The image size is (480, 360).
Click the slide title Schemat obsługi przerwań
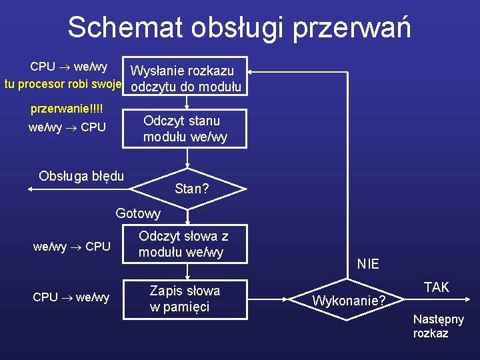click(239, 27)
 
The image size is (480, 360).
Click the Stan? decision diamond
click(191, 189)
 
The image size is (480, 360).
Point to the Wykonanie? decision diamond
click(349, 301)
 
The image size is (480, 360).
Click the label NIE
click(368, 264)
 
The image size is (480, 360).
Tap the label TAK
click(437, 287)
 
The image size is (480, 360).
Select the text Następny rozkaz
click(438, 326)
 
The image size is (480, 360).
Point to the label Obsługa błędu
click(81, 176)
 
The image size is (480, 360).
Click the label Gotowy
click(138, 213)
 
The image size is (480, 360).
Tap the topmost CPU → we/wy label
click(69, 67)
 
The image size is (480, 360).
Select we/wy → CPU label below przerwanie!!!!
click(67, 127)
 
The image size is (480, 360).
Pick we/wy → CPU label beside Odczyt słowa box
click(72, 247)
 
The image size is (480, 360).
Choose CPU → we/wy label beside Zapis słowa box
click(71, 297)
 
